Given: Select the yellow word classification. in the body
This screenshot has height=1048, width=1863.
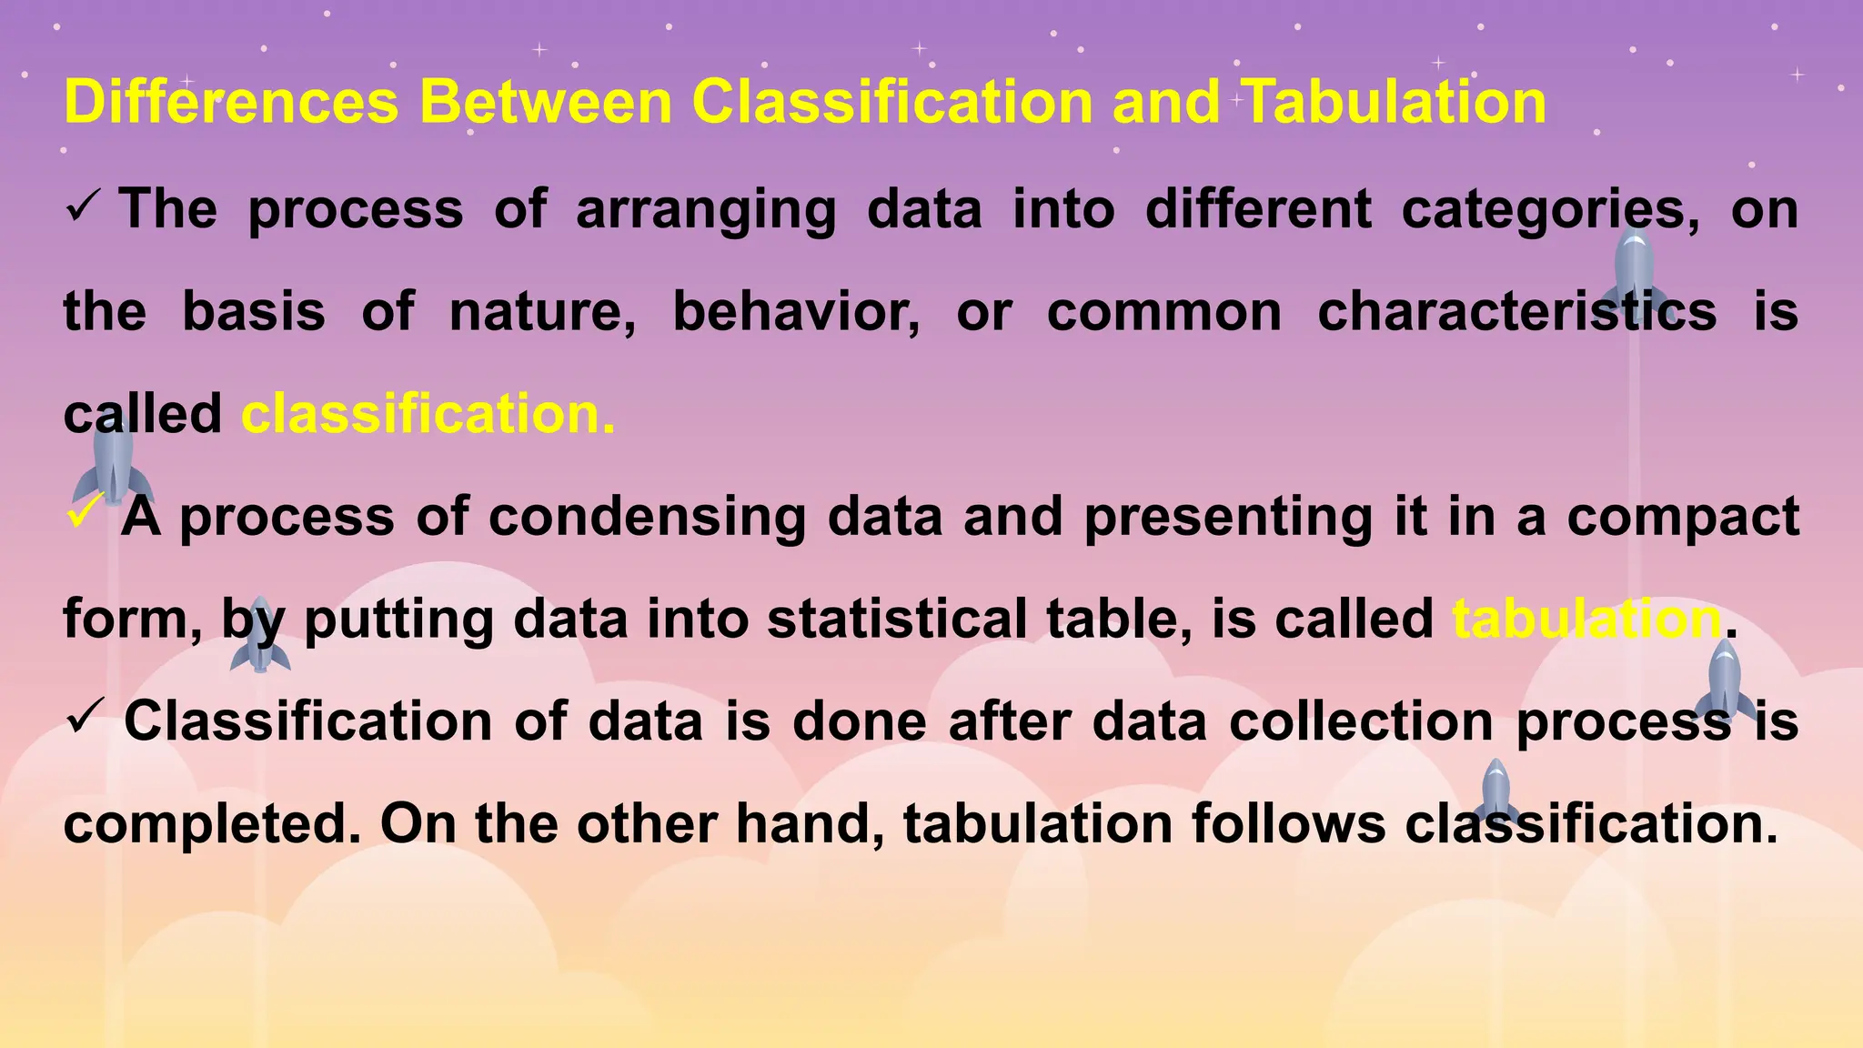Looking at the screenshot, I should click(428, 414).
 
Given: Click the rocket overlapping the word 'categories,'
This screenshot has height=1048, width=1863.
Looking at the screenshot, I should click(1634, 273).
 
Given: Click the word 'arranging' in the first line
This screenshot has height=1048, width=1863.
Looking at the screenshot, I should click(706, 209).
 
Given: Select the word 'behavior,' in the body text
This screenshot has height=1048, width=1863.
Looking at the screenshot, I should click(796, 312).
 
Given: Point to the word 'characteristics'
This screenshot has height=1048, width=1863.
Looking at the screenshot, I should click(1516, 312).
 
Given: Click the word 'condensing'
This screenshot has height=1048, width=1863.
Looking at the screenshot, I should click(647, 517).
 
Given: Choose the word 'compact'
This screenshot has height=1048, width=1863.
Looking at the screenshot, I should click(1683, 517).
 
